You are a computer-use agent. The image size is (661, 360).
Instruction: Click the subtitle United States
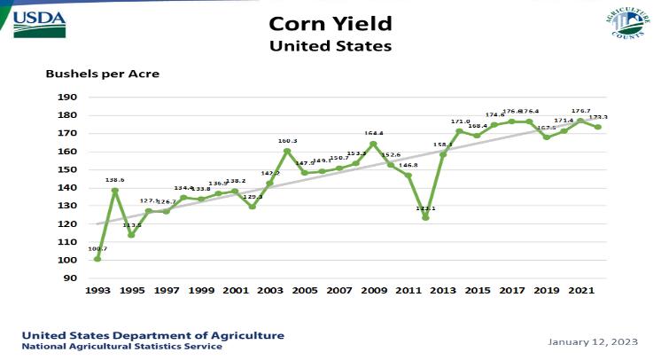pyautogui.click(x=330, y=43)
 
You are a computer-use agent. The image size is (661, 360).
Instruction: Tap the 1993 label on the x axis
pyautogui.click(x=97, y=291)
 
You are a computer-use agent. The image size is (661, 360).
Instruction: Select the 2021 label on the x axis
pyautogui.click(x=580, y=291)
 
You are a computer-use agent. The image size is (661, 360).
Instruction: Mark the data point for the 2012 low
pyautogui.click(x=425, y=217)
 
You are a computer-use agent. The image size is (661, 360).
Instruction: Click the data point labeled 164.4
pyautogui.click(x=373, y=144)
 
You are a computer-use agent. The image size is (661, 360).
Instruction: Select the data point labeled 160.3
pyautogui.click(x=287, y=151)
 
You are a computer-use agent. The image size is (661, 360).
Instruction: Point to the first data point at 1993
pyautogui.click(x=97, y=258)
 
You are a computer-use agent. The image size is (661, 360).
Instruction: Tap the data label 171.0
pyautogui.click(x=461, y=121)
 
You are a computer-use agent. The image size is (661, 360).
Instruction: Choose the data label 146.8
pyautogui.click(x=408, y=165)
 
